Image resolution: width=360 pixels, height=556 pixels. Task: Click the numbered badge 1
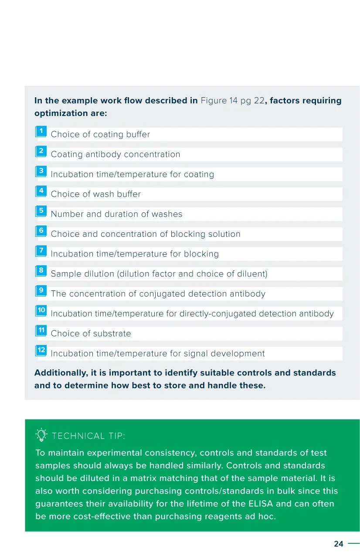(41, 131)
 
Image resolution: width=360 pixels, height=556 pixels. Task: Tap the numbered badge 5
(41, 211)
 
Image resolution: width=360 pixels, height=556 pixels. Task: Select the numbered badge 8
(41, 271)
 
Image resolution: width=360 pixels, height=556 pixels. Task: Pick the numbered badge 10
(41, 310)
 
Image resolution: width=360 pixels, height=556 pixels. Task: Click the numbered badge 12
(41, 350)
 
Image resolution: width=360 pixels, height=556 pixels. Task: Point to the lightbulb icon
(41, 435)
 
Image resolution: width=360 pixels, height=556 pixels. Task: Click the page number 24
(339, 544)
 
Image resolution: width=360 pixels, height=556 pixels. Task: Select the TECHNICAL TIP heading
(88, 436)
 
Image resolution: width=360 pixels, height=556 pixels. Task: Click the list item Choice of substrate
(91, 334)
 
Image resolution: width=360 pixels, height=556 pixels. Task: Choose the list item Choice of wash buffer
(95, 194)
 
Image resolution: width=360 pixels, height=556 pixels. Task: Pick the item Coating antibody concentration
(115, 154)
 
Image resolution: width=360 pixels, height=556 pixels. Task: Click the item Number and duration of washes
(116, 214)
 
